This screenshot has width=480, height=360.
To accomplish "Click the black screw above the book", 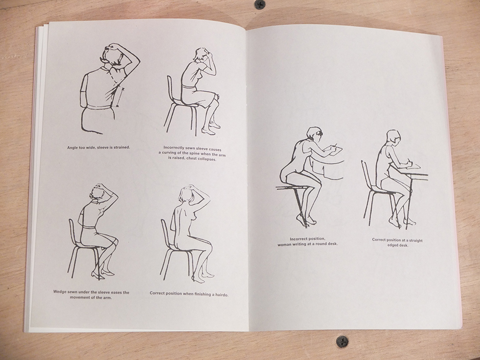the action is pos(260,4).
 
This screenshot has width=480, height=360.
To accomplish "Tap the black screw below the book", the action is pos(342,341).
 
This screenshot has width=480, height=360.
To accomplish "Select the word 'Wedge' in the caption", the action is pos(60,292).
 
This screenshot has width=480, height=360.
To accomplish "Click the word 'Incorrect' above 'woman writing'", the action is pos(299,239).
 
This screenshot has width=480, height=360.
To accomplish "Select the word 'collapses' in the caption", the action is pos(206,159).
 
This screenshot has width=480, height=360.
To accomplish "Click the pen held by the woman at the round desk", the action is pos(335,145).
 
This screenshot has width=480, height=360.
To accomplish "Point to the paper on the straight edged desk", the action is pos(413,166).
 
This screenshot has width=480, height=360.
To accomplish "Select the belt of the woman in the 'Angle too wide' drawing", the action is pos(98,107).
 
